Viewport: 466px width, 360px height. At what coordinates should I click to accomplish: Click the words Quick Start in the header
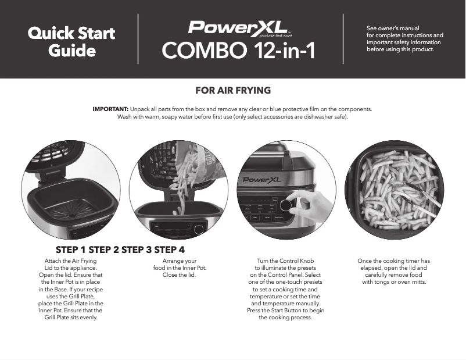click(71, 33)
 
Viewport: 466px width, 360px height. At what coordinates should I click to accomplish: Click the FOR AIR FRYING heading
click(233, 91)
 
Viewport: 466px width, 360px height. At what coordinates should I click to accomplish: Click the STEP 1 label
click(74, 250)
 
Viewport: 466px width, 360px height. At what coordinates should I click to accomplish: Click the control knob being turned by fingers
click(286, 206)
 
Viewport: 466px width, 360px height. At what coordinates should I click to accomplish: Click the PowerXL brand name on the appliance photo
click(262, 180)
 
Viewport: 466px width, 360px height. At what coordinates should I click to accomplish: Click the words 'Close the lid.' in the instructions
click(179, 275)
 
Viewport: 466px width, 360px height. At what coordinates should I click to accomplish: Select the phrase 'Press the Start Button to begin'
click(285, 311)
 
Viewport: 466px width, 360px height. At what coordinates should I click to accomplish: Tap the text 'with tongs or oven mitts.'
click(393, 282)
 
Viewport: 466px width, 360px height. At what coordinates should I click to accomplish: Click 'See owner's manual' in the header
click(393, 28)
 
